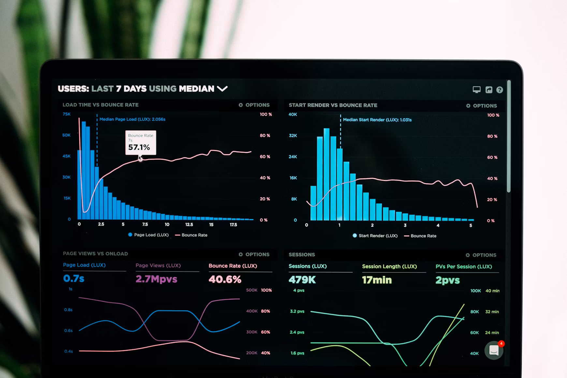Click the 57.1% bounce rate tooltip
(x=140, y=143)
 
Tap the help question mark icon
(x=500, y=90)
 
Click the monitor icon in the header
(x=476, y=90)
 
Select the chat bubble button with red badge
(x=494, y=350)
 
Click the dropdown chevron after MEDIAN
(x=222, y=89)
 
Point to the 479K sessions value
(x=302, y=280)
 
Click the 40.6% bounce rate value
(x=225, y=279)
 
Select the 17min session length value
(x=377, y=280)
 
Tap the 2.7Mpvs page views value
(x=156, y=279)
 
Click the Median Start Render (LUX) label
(x=377, y=120)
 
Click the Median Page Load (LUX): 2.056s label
(x=132, y=119)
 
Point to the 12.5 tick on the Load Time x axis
(x=189, y=225)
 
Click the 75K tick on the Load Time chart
(x=66, y=114)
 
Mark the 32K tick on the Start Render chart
(x=293, y=136)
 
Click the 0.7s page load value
(x=74, y=279)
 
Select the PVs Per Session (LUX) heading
(x=463, y=267)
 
